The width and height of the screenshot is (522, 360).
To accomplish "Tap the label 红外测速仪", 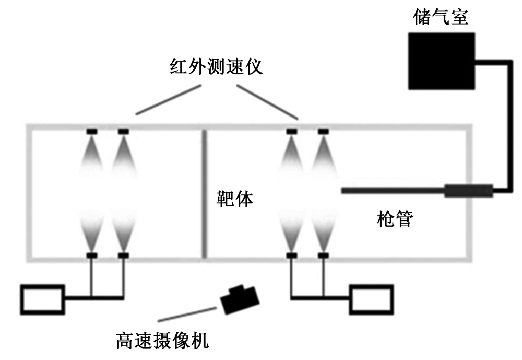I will point(216,69).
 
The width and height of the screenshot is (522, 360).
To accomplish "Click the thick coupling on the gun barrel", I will point(468,191).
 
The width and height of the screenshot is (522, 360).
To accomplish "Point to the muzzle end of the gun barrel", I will point(343,191).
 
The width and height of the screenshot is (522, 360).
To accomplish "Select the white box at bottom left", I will point(42,298).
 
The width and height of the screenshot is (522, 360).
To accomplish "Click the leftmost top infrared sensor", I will point(92,131).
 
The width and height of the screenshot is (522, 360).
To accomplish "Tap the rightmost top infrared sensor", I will point(323,131).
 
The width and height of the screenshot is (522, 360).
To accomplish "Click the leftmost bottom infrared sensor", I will point(92,255).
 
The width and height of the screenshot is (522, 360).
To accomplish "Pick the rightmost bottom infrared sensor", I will point(323,255).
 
